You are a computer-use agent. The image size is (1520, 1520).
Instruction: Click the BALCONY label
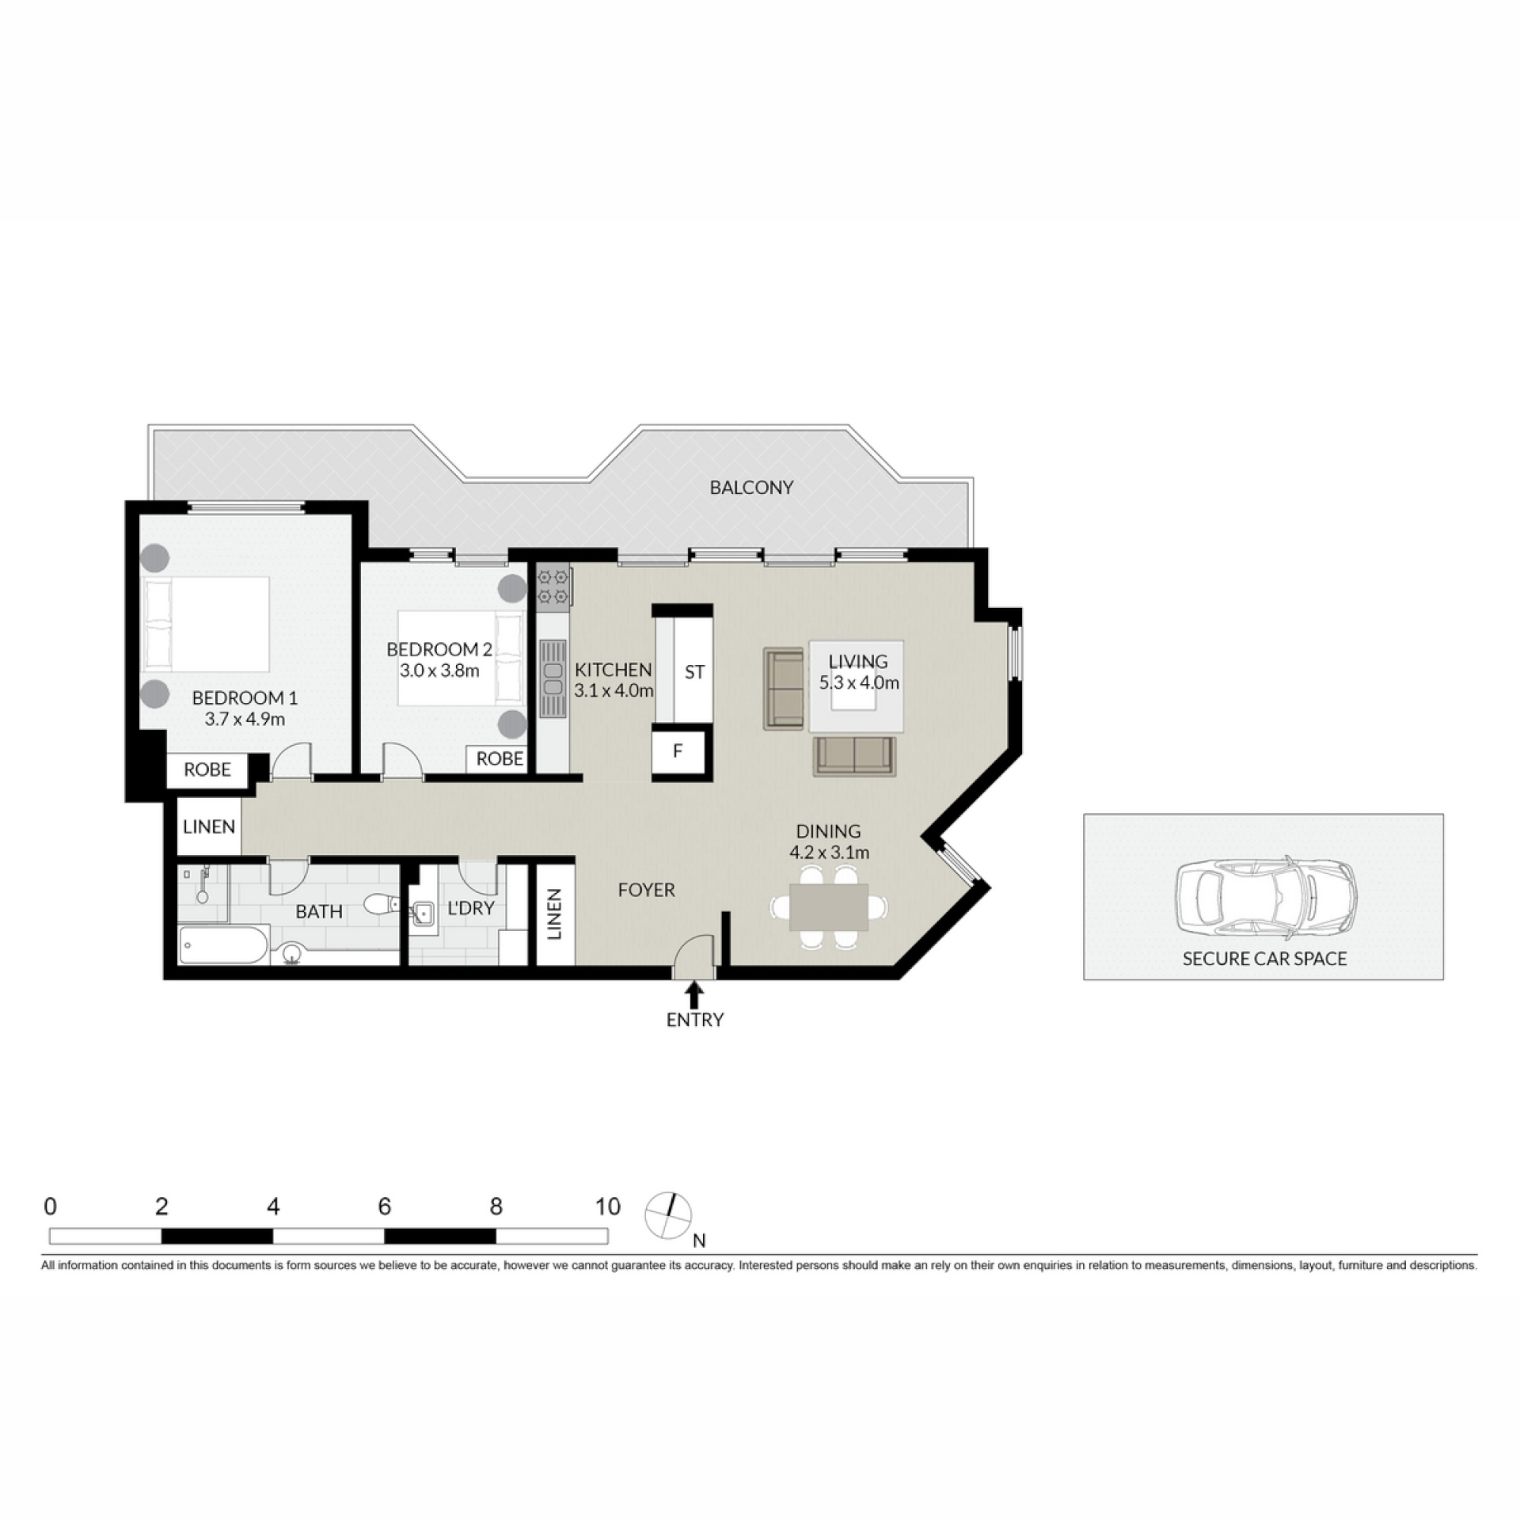750,488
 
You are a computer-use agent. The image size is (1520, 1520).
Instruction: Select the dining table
829,906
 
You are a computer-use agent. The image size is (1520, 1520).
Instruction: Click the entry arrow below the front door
694,994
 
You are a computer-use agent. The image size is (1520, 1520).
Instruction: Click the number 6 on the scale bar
385,1206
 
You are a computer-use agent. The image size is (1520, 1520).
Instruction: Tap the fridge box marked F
678,751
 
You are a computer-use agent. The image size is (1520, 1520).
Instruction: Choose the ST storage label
694,672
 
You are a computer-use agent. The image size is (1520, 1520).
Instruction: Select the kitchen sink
553,679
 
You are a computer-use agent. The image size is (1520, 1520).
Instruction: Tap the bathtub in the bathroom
224,945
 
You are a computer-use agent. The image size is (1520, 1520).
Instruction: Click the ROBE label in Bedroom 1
207,769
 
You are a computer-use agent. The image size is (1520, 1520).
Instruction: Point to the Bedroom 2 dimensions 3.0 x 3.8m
439,671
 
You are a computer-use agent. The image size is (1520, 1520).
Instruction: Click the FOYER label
646,890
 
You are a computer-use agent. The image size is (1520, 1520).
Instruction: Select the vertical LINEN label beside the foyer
554,914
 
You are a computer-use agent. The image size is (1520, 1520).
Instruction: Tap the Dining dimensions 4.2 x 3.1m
829,853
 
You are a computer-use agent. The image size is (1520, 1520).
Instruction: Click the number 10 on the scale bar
607,1206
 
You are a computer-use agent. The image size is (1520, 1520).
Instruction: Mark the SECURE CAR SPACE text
1264,959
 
